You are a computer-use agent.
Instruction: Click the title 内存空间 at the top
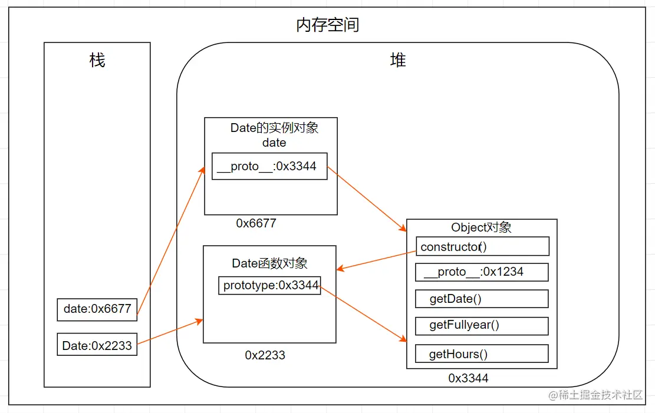(327, 25)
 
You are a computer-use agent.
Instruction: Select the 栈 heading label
(97, 60)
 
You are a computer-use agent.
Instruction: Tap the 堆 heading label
(398, 60)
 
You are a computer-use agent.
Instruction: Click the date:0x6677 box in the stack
(97, 309)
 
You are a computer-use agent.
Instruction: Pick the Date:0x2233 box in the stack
(97, 345)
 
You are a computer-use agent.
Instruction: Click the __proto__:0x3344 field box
(269, 167)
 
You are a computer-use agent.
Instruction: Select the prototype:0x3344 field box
(270, 286)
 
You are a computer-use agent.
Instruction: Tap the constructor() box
(482, 246)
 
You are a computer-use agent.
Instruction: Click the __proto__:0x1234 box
(482, 272)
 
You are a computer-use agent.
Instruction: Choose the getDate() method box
(482, 299)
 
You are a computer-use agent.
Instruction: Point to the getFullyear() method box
(482, 326)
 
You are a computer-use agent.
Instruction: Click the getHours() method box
(482, 354)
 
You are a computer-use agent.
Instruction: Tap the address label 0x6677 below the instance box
(256, 223)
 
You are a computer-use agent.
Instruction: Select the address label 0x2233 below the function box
(265, 355)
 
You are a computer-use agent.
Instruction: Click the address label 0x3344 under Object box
(468, 378)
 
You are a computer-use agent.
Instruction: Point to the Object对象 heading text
(481, 227)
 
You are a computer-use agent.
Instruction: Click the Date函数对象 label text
(269, 263)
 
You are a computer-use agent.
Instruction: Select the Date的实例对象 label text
(274, 128)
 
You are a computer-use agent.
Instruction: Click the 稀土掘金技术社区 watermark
(595, 395)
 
